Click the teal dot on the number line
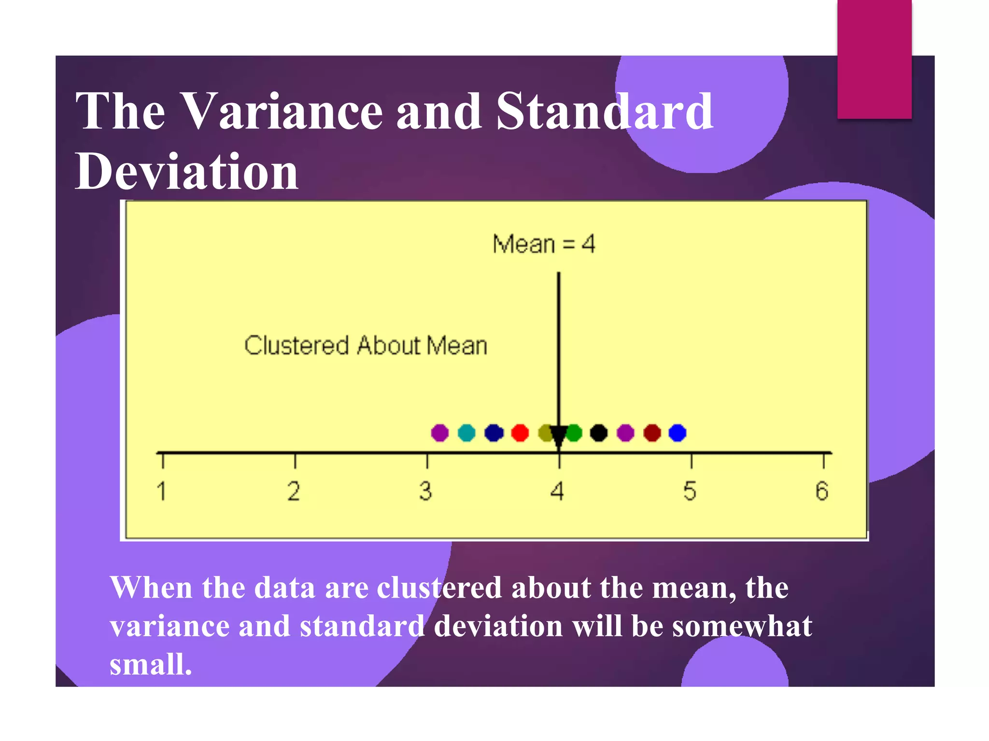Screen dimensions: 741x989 point(466,433)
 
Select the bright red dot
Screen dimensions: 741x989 point(520,433)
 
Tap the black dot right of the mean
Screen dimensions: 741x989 point(599,433)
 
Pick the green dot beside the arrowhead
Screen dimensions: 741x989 point(575,433)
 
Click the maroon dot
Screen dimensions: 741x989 point(652,433)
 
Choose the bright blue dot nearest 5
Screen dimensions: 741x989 point(678,433)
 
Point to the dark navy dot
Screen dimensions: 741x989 point(494,433)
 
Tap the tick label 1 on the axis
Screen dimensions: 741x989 point(162,492)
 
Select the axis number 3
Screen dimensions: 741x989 point(425,492)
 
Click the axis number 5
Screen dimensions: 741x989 point(690,492)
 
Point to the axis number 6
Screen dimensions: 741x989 point(822,492)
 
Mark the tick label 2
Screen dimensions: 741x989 point(294,492)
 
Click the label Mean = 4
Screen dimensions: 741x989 point(544,244)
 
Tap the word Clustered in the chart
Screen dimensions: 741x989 point(296,346)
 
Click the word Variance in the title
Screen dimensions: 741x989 point(283,112)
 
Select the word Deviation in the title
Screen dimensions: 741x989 point(187,172)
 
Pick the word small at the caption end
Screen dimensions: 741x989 point(151,664)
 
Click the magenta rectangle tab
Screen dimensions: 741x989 point(874,59)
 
